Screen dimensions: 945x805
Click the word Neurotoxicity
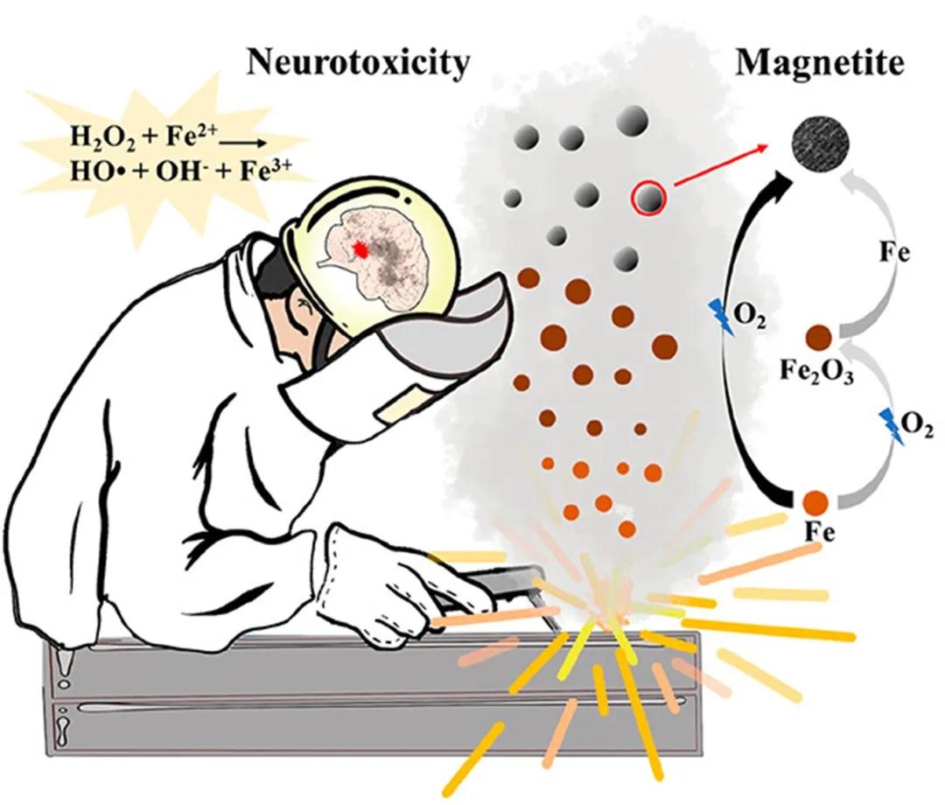point(358,63)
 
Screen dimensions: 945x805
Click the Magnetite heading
point(820,63)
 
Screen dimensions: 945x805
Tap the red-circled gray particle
point(648,197)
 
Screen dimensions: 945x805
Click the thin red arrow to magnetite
point(720,164)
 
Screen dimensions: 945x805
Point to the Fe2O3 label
point(816,370)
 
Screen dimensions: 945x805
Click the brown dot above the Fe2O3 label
point(819,337)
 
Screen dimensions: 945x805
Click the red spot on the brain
point(360,248)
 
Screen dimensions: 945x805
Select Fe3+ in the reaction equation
point(266,171)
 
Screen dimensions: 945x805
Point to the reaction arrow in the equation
point(242,143)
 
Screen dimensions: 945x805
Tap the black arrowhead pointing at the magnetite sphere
point(781,179)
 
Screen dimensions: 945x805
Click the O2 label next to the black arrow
point(751,317)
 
